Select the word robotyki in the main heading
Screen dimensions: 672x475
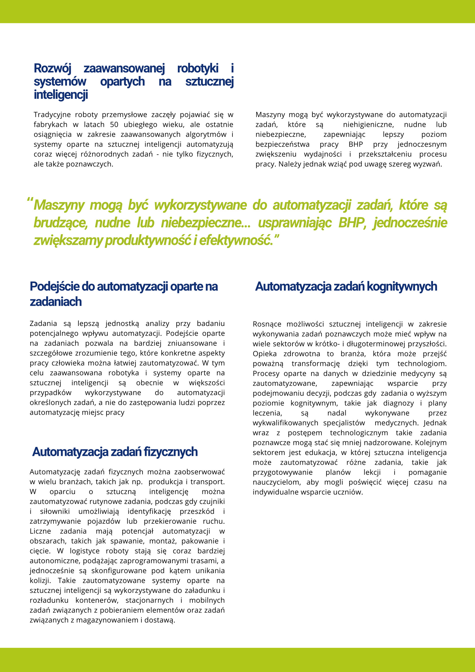click(198, 68)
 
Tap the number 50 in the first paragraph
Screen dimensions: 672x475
click(114, 125)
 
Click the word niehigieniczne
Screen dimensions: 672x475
click(368, 125)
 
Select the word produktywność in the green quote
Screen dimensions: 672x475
click(148, 241)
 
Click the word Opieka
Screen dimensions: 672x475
click(265, 354)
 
